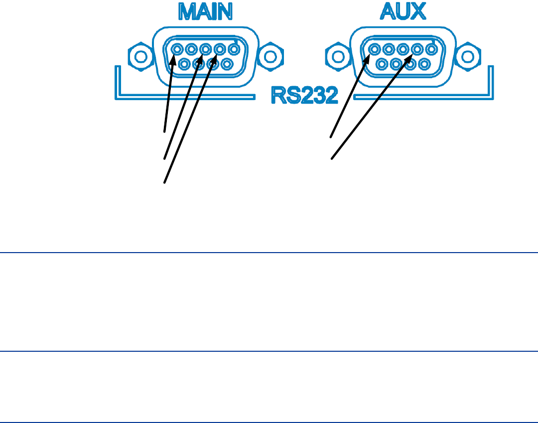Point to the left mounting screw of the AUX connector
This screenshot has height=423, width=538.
coord(335,55)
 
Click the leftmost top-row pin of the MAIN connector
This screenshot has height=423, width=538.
coord(177,50)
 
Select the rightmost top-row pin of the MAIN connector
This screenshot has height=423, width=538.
coord(233,50)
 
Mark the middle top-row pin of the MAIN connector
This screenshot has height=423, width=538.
coord(205,50)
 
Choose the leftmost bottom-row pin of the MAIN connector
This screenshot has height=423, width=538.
coord(185,64)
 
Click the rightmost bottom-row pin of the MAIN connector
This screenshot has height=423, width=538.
coord(227,64)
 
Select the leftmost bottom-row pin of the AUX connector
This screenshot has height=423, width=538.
coord(382,64)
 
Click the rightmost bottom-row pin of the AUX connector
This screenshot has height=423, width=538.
coord(424,64)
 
